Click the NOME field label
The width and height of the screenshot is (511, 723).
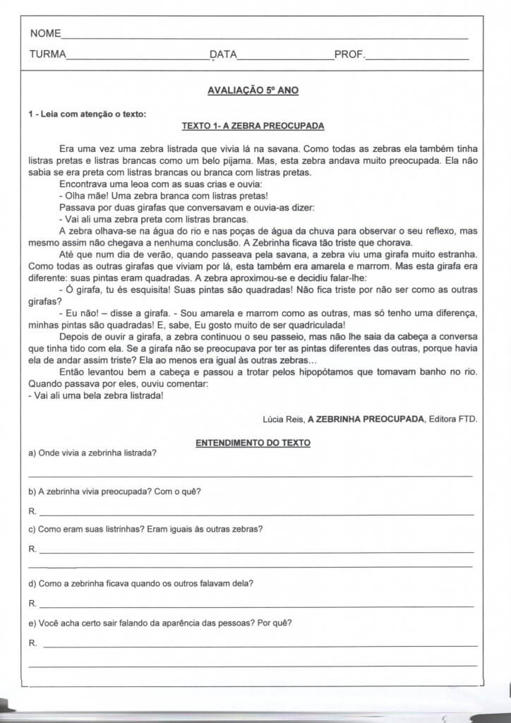coord(45,34)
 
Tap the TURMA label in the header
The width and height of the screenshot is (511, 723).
coord(47,54)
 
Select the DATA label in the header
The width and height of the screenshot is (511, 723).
coord(223,54)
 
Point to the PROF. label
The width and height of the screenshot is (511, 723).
coord(349,54)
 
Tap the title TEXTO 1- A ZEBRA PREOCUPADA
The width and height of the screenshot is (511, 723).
coord(253,126)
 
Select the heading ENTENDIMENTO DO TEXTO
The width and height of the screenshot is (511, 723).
coord(253,443)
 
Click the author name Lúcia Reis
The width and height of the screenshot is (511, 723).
coord(282,419)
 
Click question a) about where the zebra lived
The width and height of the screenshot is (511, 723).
coord(92,453)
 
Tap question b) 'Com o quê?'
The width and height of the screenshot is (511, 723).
coord(114,491)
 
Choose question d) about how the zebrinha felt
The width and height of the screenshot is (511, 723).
coord(141,583)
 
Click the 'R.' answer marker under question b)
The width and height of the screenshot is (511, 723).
coord(32,510)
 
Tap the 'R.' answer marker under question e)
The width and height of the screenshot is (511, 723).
coord(32,643)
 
